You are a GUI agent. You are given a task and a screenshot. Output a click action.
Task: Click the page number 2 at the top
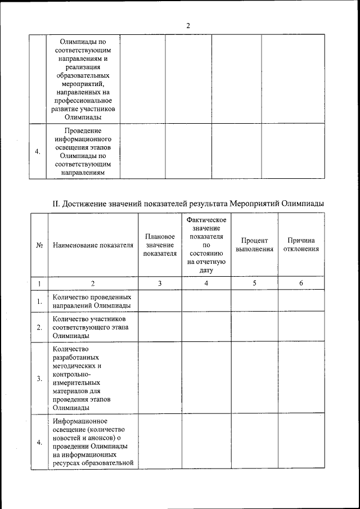(x=188, y=25)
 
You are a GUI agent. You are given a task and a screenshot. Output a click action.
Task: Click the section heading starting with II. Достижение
(x=188, y=203)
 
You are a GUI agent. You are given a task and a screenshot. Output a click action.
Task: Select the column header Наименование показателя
(x=93, y=245)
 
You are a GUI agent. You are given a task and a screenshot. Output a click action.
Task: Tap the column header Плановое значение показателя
(x=160, y=245)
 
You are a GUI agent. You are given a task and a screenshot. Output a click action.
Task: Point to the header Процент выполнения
(x=255, y=245)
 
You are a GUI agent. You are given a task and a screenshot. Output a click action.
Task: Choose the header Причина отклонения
(x=301, y=245)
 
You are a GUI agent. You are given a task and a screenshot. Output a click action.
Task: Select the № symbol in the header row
(x=40, y=246)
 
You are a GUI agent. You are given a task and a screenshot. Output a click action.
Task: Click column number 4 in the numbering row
(x=206, y=283)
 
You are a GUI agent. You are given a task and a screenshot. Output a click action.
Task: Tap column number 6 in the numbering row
(x=301, y=283)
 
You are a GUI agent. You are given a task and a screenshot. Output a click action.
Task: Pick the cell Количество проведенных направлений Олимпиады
(x=92, y=301)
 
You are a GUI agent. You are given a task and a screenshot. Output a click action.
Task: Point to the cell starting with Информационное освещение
(x=93, y=442)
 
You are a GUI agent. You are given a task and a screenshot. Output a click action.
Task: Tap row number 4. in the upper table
(x=38, y=152)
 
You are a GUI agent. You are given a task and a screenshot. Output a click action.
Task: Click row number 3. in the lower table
(x=40, y=379)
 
